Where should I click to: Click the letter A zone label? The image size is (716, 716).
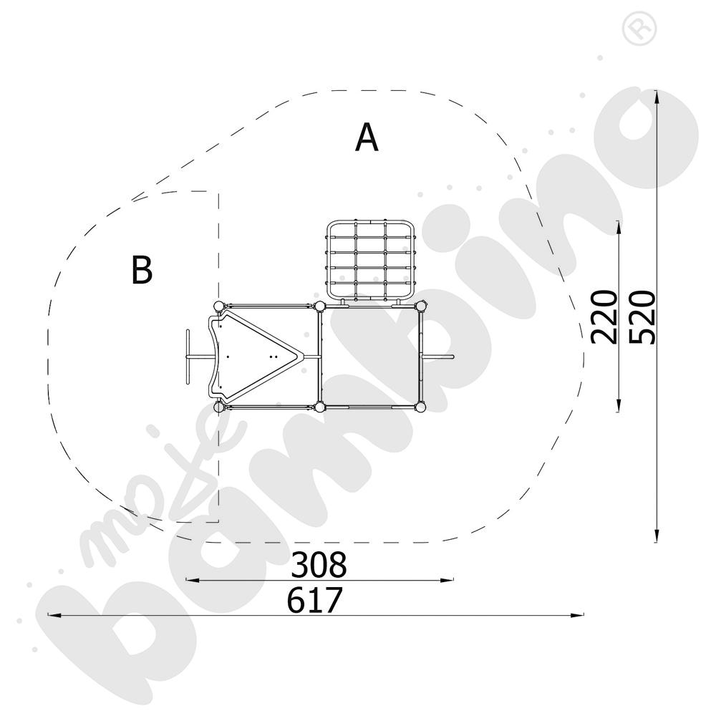click(x=367, y=137)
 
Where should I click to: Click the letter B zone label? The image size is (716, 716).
click(x=142, y=270)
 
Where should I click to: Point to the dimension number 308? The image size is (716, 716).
click(x=319, y=565)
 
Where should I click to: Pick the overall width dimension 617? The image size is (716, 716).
click(x=315, y=600)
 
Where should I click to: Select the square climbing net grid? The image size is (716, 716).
click(x=371, y=261)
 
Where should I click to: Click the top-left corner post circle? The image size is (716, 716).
click(x=219, y=306)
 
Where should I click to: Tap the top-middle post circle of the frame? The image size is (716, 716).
click(x=319, y=306)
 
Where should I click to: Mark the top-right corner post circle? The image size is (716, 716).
click(x=420, y=306)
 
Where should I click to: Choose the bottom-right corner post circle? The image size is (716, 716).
click(x=420, y=407)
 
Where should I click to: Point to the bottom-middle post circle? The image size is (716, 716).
click(x=319, y=407)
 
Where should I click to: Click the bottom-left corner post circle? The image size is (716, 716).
click(x=219, y=407)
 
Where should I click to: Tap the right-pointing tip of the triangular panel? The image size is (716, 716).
click(x=301, y=356)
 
